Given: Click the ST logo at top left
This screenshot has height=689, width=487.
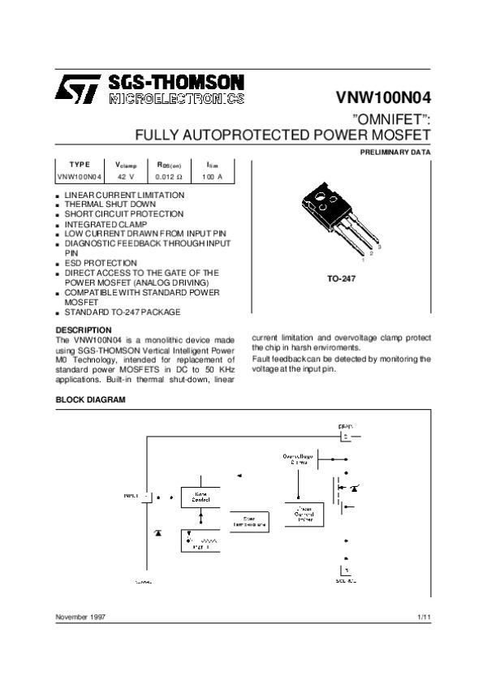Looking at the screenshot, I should [x=76, y=88].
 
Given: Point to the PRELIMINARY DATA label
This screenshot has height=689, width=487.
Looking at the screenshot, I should [x=395, y=153].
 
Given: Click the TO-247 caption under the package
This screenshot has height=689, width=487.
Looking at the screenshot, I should [x=343, y=278].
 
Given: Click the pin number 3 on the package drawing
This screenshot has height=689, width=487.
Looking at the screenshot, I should [x=379, y=246].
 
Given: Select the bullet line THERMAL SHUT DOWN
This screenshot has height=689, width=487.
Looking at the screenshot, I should [x=105, y=205].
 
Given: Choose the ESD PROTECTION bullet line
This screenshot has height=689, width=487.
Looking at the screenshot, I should [x=101, y=263].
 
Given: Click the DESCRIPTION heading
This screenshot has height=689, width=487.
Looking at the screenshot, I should [x=83, y=329].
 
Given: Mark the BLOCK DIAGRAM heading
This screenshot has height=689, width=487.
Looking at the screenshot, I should [x=90, y=400].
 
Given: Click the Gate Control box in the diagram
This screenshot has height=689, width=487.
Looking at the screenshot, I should [x=200, y=496].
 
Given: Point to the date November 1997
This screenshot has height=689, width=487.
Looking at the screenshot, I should [x=81, y=618].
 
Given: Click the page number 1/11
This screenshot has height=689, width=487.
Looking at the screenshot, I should [x=423, y=618].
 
